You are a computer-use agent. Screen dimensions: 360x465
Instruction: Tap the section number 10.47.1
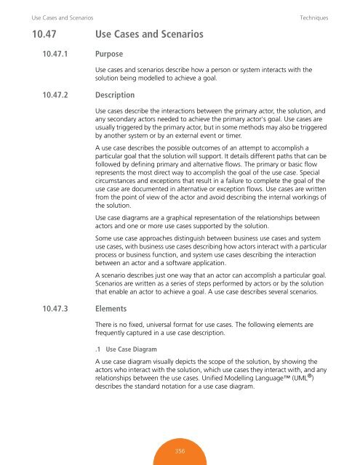(42, 54)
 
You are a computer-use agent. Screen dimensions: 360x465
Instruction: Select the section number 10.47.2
(43, 95)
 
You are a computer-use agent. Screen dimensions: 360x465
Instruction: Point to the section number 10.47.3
(43, 308)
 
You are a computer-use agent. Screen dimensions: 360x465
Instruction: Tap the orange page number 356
(179, 451)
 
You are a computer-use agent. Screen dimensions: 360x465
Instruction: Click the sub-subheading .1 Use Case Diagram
(126, 349)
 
